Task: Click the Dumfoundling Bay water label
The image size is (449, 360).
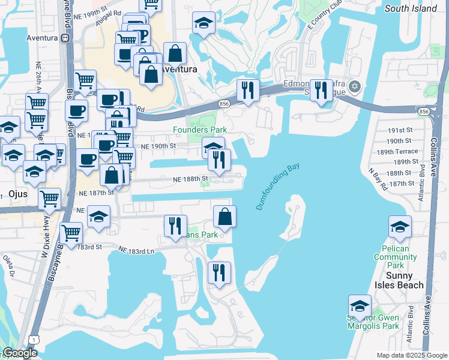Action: pos(278,188)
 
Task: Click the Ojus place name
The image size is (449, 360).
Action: pos(20,194)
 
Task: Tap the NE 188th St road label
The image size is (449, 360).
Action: pos(190,179)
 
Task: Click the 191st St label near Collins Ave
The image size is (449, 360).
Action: pos(397,130)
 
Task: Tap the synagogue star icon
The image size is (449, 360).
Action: pos(355,88)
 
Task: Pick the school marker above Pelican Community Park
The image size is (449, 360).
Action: pos(400,227)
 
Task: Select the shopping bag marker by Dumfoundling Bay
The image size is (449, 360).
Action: pos(224,217)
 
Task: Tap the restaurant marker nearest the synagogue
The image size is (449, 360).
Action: pos(322,91)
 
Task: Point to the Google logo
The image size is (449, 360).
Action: pos(20,353)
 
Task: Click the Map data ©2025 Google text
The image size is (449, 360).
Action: pos(411,356)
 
